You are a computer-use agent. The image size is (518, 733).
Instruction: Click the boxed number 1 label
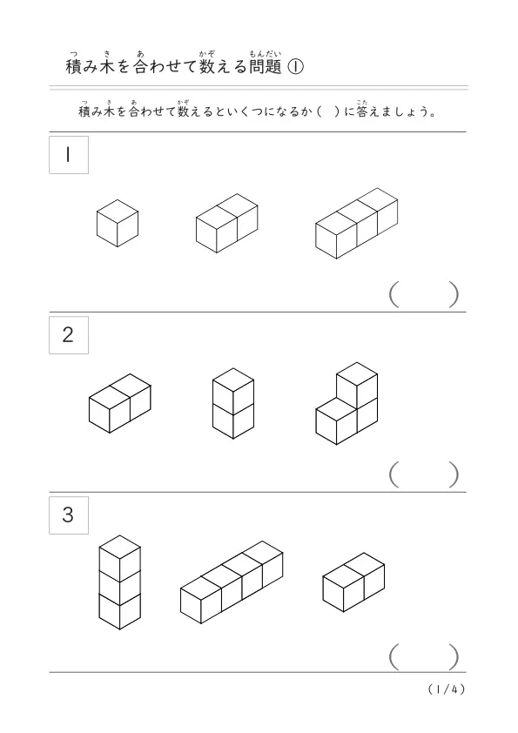pos(69,155)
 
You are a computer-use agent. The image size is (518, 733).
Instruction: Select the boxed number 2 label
pos(69,334)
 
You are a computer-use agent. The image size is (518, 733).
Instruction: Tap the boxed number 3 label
pos(69,514)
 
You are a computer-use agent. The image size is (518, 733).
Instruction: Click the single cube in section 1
pos(118,224)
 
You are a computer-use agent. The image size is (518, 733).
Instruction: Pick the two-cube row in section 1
pos(226,224)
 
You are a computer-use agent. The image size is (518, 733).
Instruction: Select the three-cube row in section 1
pos(357,224)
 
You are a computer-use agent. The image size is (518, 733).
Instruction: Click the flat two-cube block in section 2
pos(120,403)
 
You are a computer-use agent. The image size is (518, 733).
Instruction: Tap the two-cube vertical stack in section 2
pos(233,403)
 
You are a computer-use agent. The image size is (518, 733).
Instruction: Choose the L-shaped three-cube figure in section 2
pos(346,403)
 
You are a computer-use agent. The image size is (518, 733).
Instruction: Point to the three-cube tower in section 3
pos(119,582)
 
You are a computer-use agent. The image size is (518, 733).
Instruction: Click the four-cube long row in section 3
pos(232,582)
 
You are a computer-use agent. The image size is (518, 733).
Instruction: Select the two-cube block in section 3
pos(353,582)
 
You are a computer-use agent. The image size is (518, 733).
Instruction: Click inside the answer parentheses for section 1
pos(424,294)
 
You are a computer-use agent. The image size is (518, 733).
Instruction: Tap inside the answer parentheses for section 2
pos(424,474)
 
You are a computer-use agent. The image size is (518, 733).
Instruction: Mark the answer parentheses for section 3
pos(424,656)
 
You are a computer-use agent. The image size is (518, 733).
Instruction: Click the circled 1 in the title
pos(295,67)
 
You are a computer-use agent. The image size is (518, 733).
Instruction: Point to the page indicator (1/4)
pos(447,689)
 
